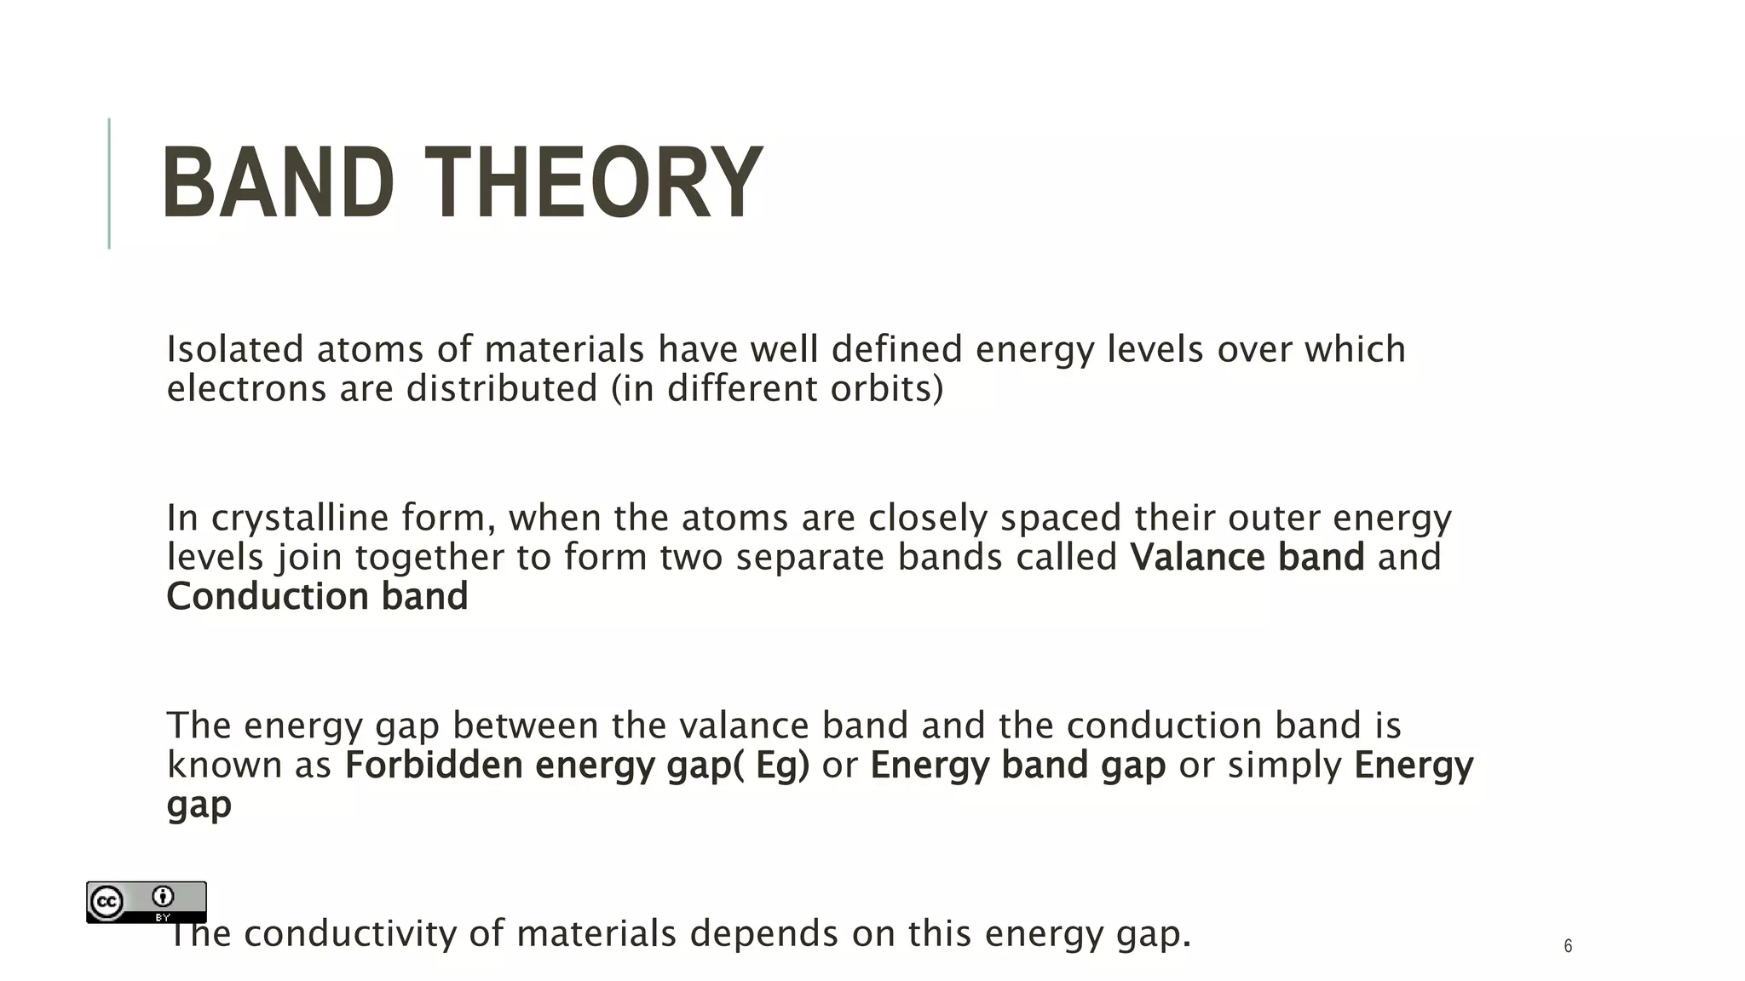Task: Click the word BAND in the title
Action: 278,182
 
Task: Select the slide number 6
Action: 1568,946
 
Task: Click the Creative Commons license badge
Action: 146,902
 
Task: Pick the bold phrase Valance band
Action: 1247,557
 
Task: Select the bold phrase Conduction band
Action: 317,596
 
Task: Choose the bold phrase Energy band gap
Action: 1017,765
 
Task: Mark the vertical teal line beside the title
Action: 109,183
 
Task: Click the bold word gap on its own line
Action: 199,805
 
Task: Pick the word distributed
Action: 502,388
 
